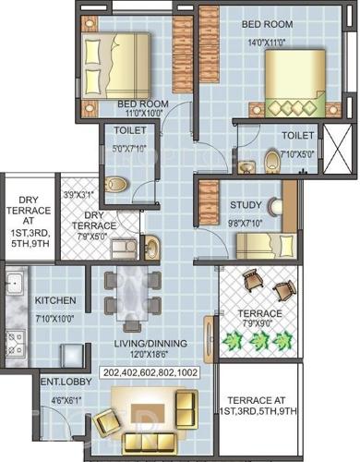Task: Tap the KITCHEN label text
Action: tap(55, 301)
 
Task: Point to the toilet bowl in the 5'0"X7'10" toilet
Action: tap(115, 183)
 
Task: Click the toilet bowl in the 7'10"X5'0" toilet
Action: tap(271, 163)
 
